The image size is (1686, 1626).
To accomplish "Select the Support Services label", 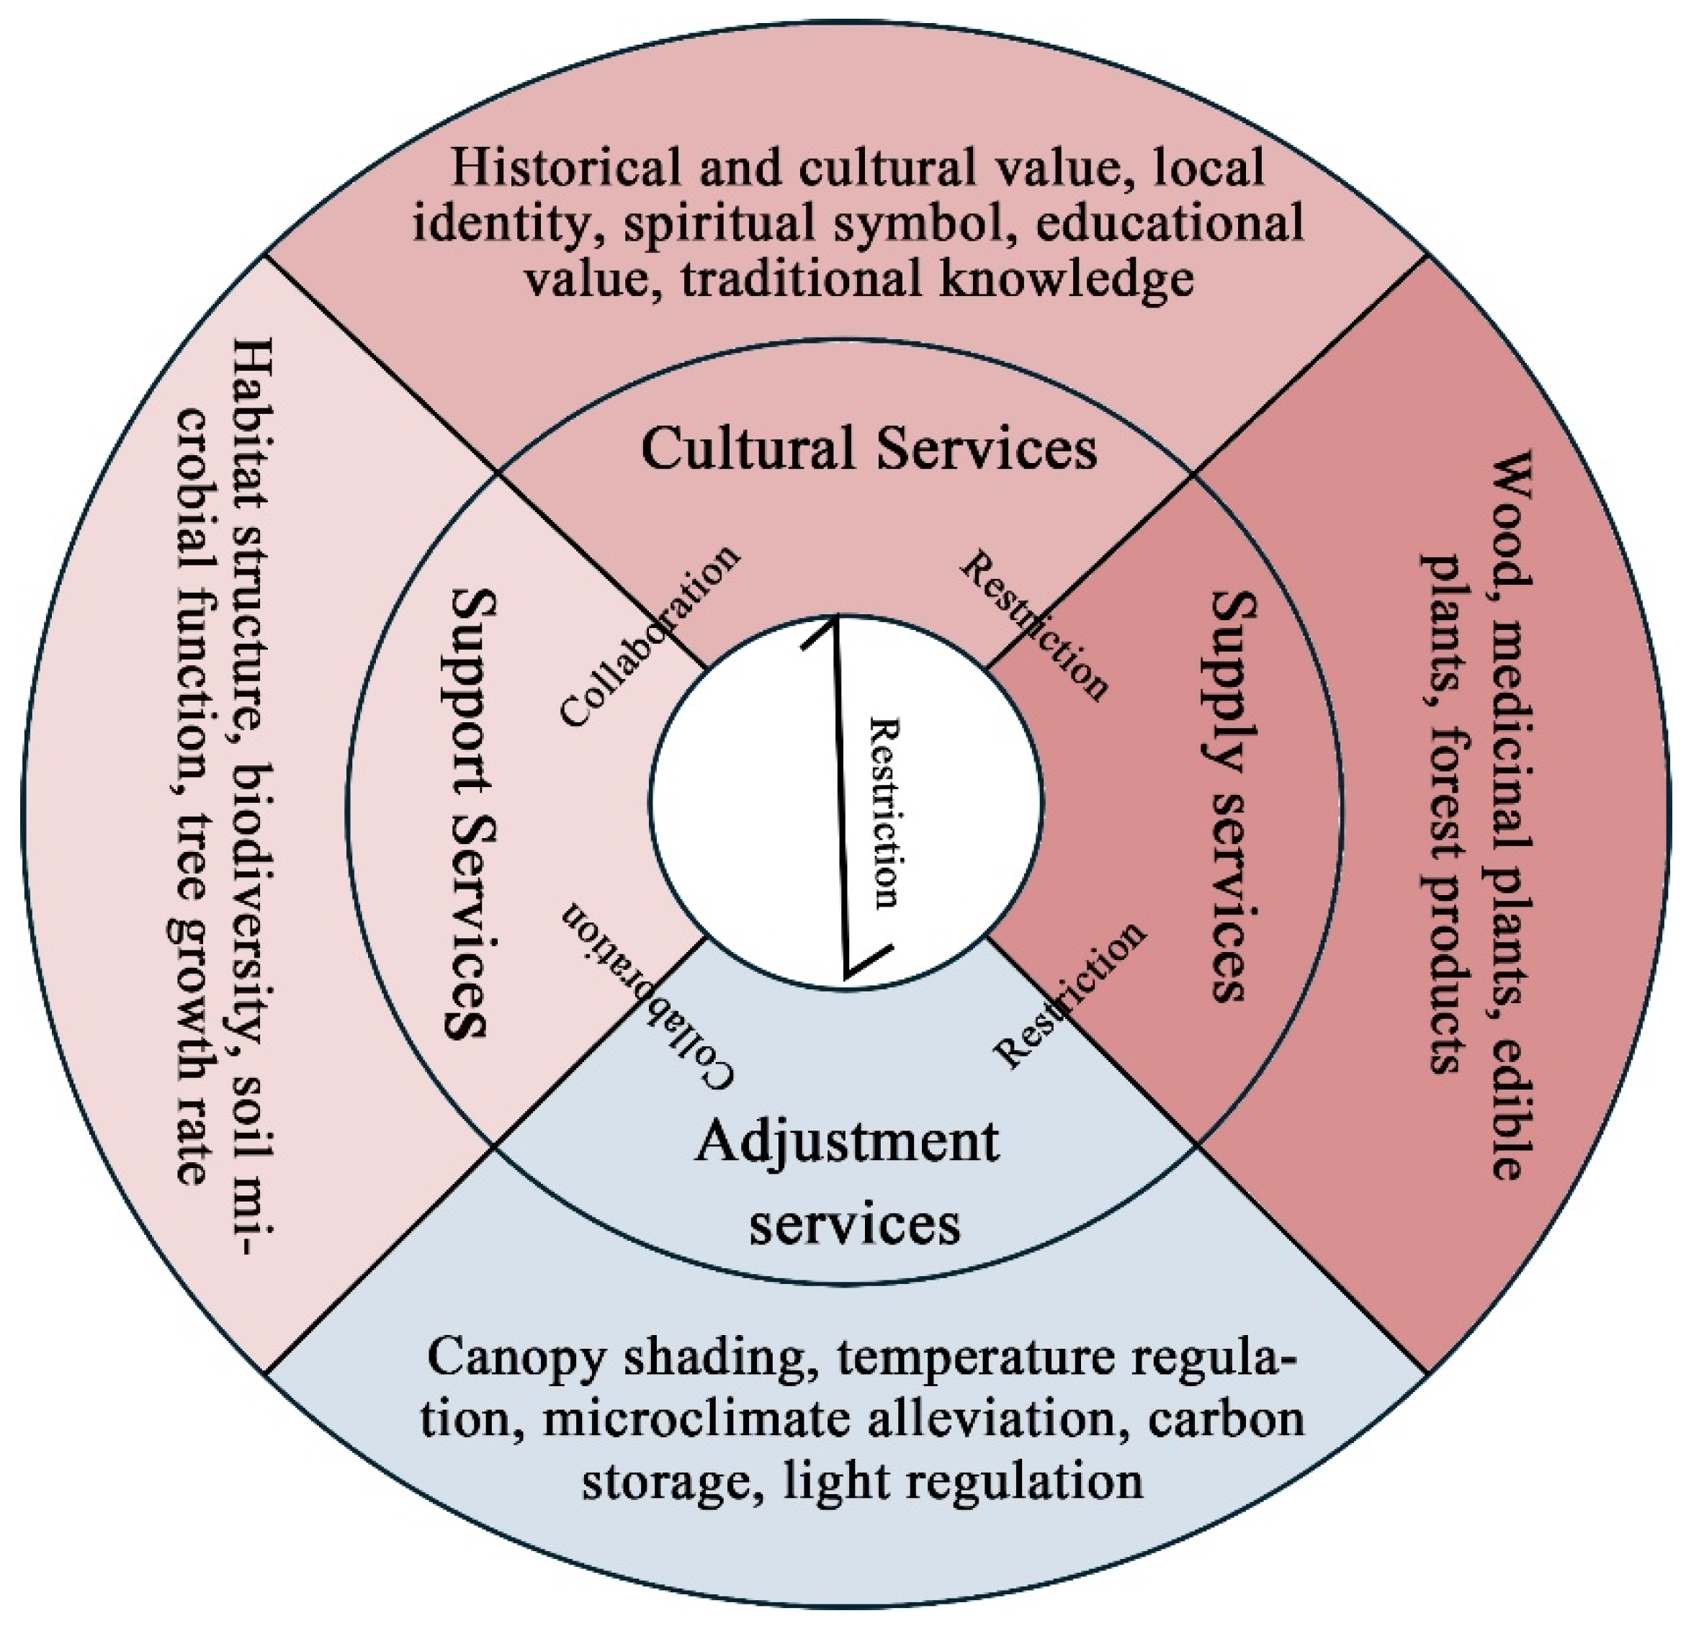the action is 470,812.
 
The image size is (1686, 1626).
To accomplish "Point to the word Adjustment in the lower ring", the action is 847,1143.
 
